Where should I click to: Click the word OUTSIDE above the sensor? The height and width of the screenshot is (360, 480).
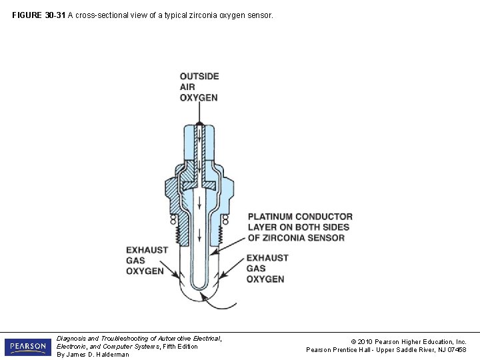(199, 76)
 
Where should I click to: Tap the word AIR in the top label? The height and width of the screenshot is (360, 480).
(188, 87)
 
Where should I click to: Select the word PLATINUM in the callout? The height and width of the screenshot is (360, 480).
(270, 217)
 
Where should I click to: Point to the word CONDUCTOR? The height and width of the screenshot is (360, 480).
(324, 217)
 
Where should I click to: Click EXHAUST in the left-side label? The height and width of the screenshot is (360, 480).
(147, 250)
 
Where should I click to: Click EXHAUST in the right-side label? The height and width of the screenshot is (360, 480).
(267, 258)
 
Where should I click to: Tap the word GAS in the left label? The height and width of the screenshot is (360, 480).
(136, 261)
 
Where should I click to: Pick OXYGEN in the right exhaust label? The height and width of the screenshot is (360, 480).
(265, 279)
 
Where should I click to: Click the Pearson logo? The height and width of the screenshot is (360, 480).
(27, 347)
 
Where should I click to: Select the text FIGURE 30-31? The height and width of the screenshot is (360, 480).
(38, 13)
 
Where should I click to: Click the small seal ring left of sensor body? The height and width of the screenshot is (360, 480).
(173, 219)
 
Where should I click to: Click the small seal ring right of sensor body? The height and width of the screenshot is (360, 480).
(225, 219)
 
